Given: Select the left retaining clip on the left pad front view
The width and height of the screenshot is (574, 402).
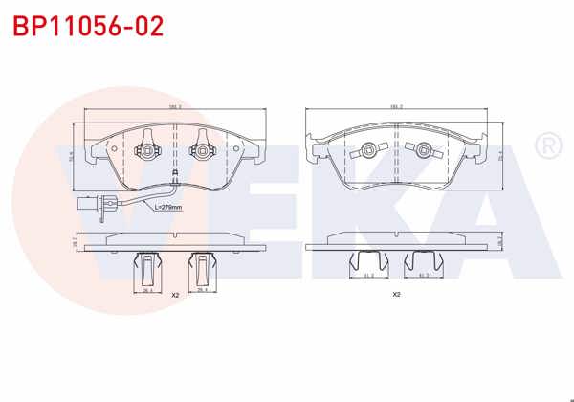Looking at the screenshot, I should point(147,151).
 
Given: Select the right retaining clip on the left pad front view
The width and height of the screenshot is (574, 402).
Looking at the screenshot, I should point(203,151).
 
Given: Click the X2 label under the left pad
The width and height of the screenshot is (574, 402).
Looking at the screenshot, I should point(175,296).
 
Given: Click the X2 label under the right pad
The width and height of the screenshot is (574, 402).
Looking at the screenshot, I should point(396,295).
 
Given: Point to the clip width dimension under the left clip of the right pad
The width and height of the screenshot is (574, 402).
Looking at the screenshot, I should point(368,277).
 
